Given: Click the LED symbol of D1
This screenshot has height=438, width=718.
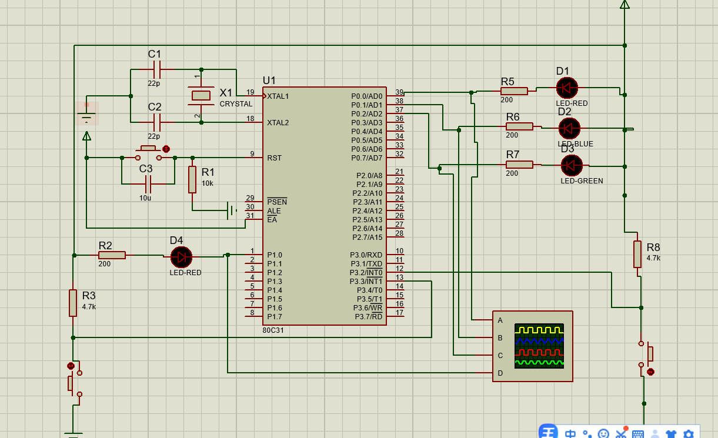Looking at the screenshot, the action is click(567, 88).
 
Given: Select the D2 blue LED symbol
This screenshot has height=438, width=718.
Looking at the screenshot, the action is click(569, 128).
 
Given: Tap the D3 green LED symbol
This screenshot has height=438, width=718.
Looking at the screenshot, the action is click(572, 165).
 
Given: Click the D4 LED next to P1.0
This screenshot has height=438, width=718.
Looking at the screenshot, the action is click(181, 257).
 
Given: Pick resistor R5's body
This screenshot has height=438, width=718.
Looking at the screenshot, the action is click(514, 91).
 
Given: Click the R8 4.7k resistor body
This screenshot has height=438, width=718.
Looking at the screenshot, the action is click(637, 254).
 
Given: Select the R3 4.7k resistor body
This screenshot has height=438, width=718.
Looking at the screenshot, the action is click(73, 303).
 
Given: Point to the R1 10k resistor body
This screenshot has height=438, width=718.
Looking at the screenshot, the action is click(192, 179).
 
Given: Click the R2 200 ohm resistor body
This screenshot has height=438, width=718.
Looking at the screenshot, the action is click(112, 255).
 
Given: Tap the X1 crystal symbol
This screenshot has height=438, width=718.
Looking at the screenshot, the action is click(201, 95).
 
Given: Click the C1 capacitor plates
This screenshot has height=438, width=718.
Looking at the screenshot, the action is click(157, 69).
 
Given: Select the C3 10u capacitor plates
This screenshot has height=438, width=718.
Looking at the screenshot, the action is click(148, 184).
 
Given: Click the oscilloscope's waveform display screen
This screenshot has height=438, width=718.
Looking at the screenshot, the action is click(539, 346).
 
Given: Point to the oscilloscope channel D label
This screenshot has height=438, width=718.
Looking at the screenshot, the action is click(500, 373).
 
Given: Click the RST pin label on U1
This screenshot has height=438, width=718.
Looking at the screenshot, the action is click(275, 158).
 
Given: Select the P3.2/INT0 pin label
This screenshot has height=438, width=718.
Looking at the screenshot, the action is click(366, 273).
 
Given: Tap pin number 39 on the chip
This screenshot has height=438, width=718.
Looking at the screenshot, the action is click(399, 92).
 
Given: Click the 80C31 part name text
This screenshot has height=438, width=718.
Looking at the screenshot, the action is click(273, 330).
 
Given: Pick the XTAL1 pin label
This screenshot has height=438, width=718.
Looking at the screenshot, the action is click(278, 96).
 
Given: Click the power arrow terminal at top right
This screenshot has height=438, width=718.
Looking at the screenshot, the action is click(625, 4).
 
